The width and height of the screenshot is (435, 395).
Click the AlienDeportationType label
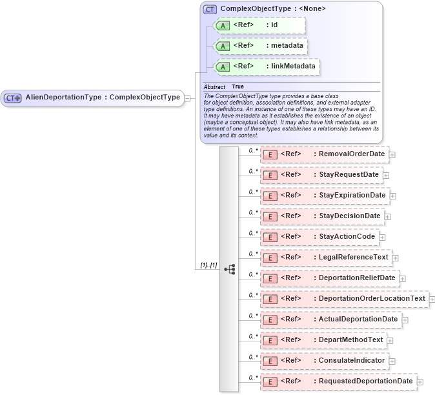click(102, 97)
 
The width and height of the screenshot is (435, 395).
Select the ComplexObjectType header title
click(272, 8)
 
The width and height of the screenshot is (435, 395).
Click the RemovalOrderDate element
click(323, 154)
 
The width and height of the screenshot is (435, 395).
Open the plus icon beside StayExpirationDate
click(393, 196)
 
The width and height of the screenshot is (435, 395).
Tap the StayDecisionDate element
click(321, 216)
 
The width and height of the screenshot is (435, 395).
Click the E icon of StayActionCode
click(271, 237)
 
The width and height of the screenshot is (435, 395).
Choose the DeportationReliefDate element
click(329, 278)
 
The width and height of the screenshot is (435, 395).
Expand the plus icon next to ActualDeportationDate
click(405, 319)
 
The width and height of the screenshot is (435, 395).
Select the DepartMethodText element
click(323, 340)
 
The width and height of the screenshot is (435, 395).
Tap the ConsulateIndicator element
click(324, 361)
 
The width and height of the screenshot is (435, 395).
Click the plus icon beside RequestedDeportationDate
click(420, 382)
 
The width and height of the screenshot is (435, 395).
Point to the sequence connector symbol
click(229, 269)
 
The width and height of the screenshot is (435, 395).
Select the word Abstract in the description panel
click(214, 86)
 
